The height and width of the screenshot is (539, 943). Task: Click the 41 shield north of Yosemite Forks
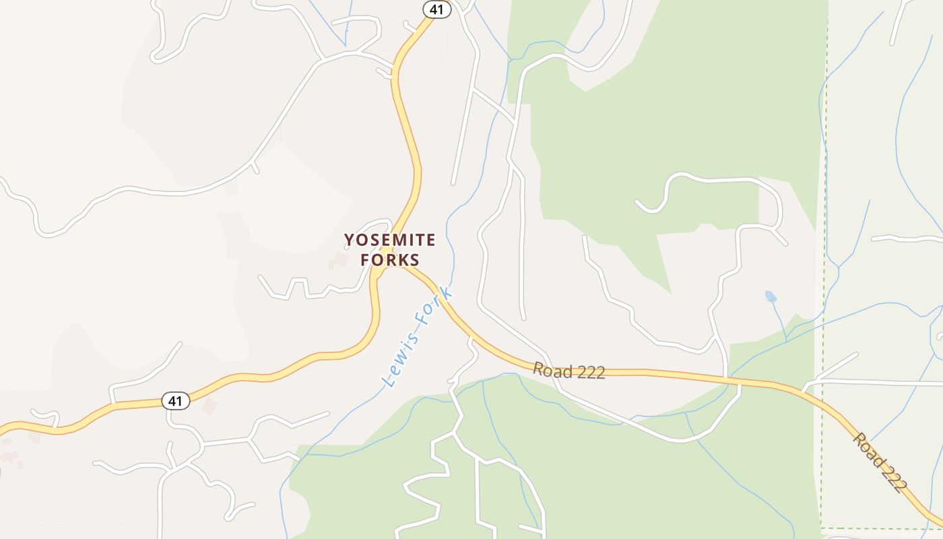(x=436, y=9)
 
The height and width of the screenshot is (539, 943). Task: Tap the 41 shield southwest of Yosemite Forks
(x=175, y=402)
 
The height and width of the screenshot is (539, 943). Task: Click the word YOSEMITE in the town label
(x=390, y=240)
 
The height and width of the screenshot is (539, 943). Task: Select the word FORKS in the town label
(x=390, y=260)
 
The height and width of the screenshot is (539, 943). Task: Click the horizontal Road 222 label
(x=568, y=371)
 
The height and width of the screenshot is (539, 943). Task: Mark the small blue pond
(x=771, y=296)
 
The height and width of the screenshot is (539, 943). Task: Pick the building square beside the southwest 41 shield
(x=209, y=406)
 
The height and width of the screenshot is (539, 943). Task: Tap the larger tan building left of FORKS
(x=342, y=259)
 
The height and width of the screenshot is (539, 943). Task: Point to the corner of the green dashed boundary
(x=821, y=528)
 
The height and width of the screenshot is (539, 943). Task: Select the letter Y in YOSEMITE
(x=349, y=240)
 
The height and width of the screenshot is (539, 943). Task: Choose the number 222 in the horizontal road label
(x=588, y=372)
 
